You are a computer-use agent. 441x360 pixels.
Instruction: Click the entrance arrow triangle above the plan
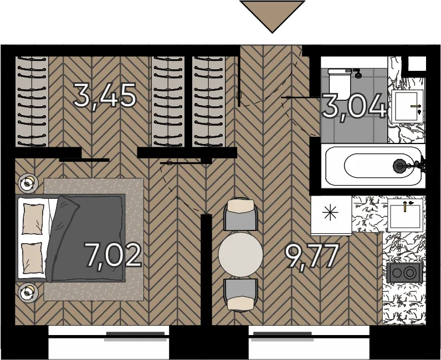click(272, 14)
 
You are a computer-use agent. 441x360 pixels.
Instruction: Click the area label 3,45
click(105, 96)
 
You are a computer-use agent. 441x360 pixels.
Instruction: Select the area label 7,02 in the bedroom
click(112, 255)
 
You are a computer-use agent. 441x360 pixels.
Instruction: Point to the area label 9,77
click(312, 256)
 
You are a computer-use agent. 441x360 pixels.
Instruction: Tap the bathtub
click(374, 166)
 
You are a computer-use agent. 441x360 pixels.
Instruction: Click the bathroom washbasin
click(407, 106)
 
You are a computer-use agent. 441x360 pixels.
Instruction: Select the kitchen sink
click(405, 214)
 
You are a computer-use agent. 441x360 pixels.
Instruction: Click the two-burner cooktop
click(404, 272)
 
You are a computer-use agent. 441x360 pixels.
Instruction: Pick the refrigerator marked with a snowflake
click(331, 215)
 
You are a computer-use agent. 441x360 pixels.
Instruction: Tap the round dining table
click(241, 254)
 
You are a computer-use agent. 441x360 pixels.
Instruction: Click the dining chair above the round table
click(240, 214)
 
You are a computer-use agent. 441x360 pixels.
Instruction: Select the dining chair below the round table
click(240, 295)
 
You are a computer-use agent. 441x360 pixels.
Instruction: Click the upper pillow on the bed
click(33, 219)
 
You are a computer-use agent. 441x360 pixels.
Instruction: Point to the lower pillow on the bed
click(32, 258)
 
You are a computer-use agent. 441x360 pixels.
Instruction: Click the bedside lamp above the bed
click(28, 183)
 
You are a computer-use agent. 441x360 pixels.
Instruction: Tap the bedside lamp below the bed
click(28, 293)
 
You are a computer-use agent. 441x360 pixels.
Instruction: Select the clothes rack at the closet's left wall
click(32, 101)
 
